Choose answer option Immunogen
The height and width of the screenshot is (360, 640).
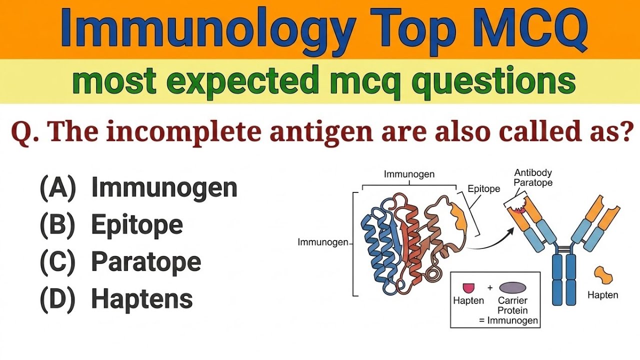[164, 188]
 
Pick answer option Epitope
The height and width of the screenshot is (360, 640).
[136, 225]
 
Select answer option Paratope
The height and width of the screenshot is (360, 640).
[145, 262]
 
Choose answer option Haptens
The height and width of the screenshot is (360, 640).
[141, 299]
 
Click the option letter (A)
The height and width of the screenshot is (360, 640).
[57, 188]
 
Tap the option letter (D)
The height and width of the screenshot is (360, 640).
[57, 299]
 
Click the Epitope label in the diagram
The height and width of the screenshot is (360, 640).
[483, 189]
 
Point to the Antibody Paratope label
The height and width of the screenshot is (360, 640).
[533, 178]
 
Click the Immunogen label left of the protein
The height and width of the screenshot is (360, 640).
[322, 242]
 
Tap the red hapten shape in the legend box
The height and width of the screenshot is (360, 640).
[468, 287]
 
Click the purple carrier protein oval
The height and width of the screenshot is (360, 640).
[512, 287]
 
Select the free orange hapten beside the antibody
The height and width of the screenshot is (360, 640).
[603, 275]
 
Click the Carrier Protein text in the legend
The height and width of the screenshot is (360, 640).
[512, 305]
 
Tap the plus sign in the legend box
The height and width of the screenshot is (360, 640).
[490, 287]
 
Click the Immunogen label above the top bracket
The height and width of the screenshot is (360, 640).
[409, 174]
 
